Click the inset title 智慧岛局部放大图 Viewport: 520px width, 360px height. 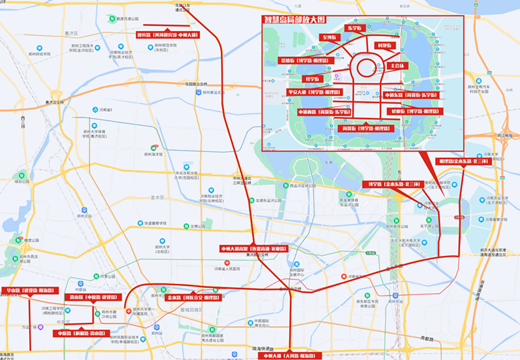[x=295, y=20]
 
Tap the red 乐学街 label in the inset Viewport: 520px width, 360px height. [x=355, y=28]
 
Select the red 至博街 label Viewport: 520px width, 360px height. [x=329, y=37]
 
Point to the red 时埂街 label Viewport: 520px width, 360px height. [x=385, y=46]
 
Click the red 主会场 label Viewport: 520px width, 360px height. [x=395, y=66]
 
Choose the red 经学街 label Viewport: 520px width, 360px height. [x=314, y=79]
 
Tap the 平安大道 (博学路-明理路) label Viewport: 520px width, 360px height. [x=314, y=92]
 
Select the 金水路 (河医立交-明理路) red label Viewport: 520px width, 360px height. [x=192, y=298]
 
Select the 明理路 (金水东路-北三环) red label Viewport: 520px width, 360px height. [x=462, y=161]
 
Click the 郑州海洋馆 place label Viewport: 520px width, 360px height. [x=153, y=154]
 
